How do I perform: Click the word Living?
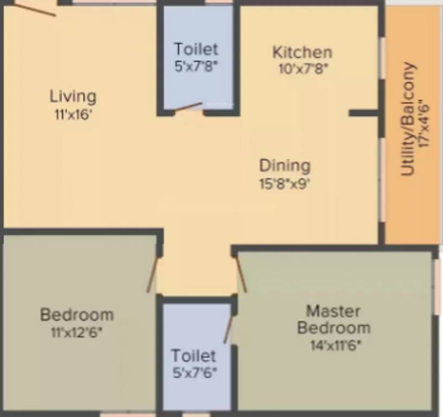click(73, 97)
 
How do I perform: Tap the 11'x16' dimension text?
click(73, 115)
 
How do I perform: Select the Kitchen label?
click(302, 53)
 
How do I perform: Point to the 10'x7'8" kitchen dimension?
click(302, 68)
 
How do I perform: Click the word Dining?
click(285, 166)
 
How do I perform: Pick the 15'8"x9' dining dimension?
click(285, 183)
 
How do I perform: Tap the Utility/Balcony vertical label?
click(409, 119)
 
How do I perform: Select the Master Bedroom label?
click(333, 320)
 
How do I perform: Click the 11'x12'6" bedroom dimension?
click(76, 332)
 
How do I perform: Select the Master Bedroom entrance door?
click(241, 274)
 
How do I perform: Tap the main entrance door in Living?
click(35, 8)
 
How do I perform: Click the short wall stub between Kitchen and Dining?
click(363, 113)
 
